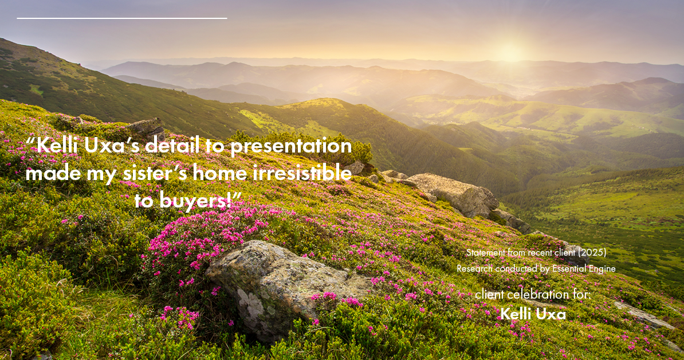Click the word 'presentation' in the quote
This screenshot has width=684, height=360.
[x=290, y=147]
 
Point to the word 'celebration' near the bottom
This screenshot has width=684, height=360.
[x=539, y=295]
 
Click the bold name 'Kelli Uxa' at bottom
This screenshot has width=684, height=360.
[x=533, y=314]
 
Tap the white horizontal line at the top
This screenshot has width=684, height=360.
[x=122, y=18]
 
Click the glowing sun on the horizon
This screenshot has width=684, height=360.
[x=509, y=53]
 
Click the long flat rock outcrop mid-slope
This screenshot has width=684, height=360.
[x=453, y=192]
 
